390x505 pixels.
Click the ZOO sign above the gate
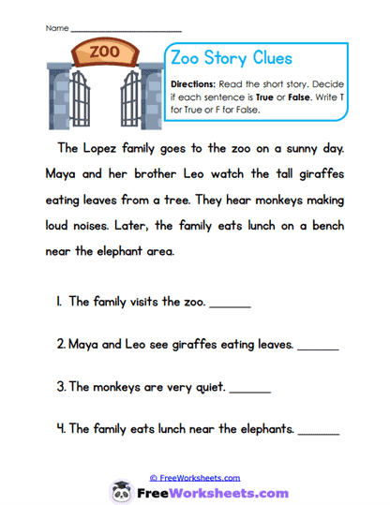tap(103, 52)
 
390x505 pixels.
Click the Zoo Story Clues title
tap(232, 58)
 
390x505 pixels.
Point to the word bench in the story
tap(327, 226)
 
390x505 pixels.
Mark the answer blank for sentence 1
tap(231, 304)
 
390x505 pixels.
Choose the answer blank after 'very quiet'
tap(249, 389)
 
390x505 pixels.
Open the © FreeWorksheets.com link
tap(194, 477)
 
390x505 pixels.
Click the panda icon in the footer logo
tap(121, 491)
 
